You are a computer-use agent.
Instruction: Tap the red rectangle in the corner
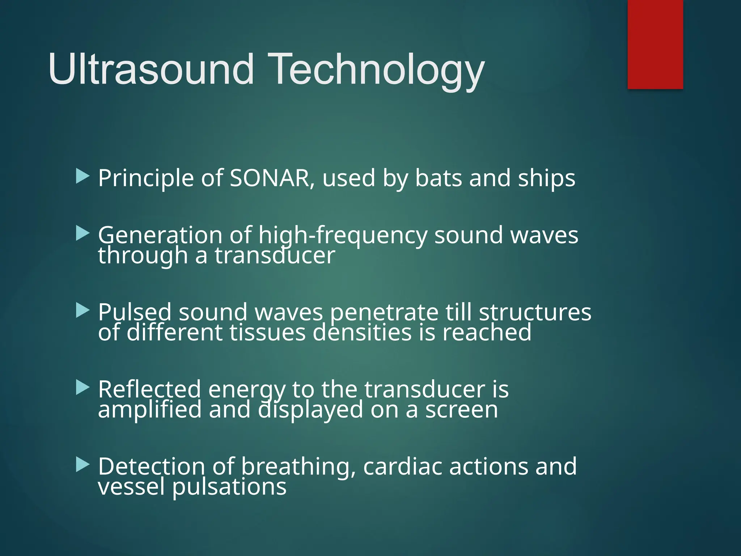(x=655, y=44)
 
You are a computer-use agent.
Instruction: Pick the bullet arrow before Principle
(x=82, y=177)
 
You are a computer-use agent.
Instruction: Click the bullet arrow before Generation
(x=82, y=234)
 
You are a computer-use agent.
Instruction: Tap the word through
(x=143, y=256)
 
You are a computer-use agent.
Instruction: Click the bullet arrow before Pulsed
(x=82, y=311)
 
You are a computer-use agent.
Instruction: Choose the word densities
(x=362, y=332)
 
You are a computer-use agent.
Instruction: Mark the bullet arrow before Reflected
(x=82, y=388)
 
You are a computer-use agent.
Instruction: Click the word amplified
(x=149, y=410)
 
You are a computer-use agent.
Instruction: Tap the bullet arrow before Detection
(x=82, y=465)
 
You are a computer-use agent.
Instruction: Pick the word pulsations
(x=229, y=487)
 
